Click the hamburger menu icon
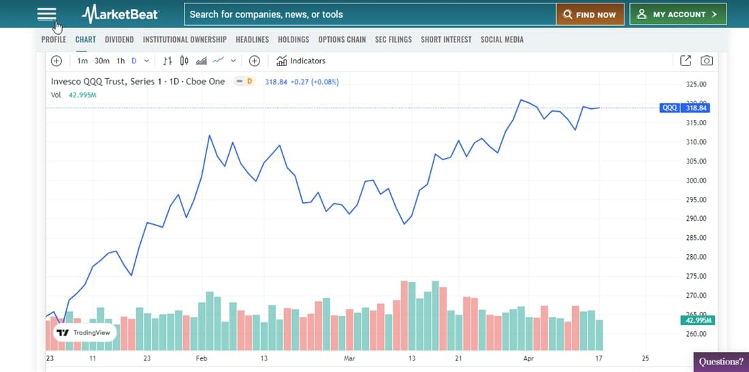point(46,14)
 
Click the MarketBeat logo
point(120,14)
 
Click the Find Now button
point(590,14)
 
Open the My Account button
point(678,14)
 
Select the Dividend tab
point(119,40)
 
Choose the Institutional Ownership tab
point(185,40)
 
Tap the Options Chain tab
point(342,40)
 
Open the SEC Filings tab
point(394,40)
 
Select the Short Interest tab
point(446,40)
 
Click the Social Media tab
point(502,40)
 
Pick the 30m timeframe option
point(102,61)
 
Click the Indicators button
point(301,61)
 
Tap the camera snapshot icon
point(707,61)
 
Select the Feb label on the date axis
point(202,358)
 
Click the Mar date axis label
point(350,358)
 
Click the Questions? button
point(721,362)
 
